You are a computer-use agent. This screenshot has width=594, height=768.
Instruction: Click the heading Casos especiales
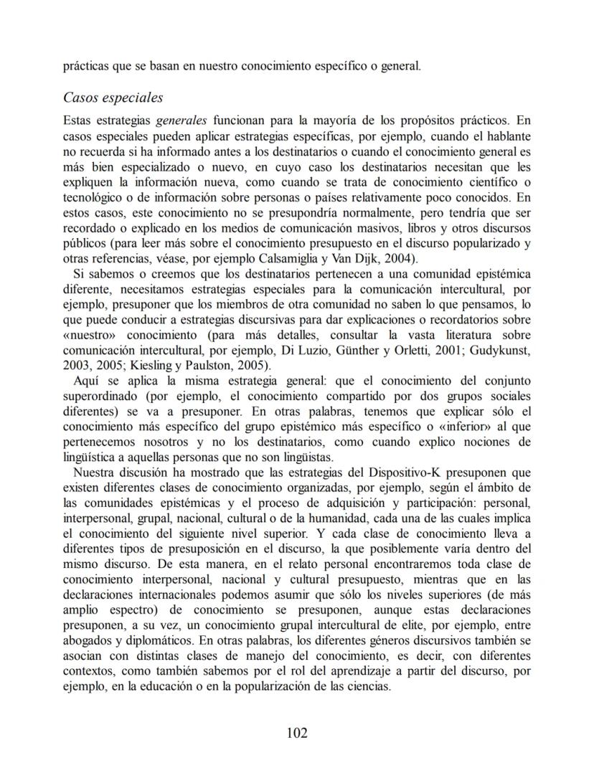point(113,97)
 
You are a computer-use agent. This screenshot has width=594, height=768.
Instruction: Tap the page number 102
point(296,733)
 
